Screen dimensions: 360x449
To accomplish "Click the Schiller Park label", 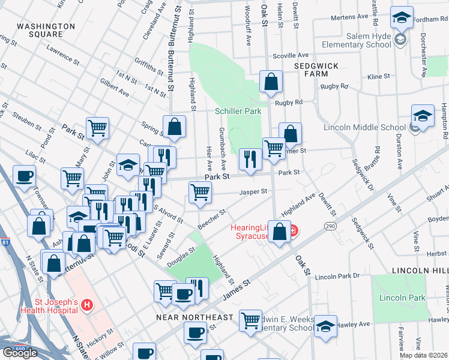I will tap(238, 112).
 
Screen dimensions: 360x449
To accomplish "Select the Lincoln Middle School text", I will tap(364, 127).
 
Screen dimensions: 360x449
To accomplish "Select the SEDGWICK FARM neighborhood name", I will tap(316, 69).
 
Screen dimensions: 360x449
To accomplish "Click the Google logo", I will tap(20, 352).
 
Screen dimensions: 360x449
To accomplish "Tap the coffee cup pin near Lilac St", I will tap(24, 176).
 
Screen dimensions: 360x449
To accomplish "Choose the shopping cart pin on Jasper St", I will tap(200, 192).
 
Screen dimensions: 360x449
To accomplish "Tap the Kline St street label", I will tap(378, 77).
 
